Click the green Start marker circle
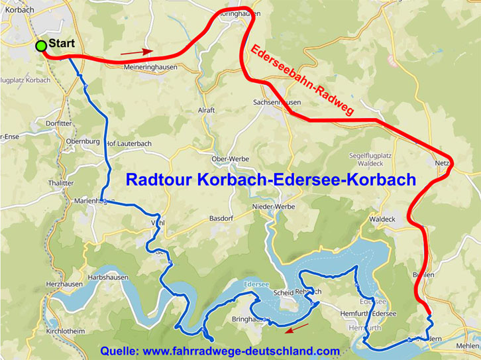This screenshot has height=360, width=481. click(41, 46)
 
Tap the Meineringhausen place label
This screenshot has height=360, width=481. click(152, 67)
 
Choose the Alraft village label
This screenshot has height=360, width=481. click(207, 111)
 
